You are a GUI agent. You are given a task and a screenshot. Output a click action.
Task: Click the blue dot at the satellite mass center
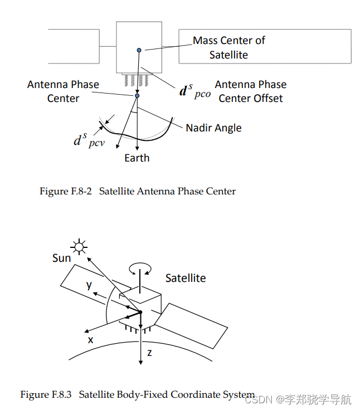pyautogui.click(x=139, y=50)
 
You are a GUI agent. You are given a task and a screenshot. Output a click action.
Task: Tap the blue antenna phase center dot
pyautogui.click(x=137, y=96)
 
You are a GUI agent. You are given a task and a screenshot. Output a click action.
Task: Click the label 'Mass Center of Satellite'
pyautogui.click(x=229, y=47)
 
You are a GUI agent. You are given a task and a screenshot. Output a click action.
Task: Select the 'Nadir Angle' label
pyautogui.click(x=213, y=128)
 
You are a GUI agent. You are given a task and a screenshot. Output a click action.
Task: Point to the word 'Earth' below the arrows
pyautogui.click(x=137, y=158)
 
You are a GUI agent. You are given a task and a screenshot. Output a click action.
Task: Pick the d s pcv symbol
pyautogui.click(x=89, y=140)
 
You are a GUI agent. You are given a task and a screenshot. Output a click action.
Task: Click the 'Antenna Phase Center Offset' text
pyautogui.click(x=251, y=91)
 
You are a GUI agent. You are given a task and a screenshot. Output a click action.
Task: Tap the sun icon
pyautogui.click(x=79, y=247)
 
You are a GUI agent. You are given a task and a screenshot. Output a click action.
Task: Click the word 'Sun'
pyautogui.click(x=61, y=258)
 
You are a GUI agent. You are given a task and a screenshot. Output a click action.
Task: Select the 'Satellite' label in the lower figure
pyautogui.click(x=186, y=278)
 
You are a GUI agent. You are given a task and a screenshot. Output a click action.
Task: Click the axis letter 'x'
pyautogui.click(x=90, y=340)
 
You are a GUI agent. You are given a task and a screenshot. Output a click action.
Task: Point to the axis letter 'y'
pyautogui.click(x=89, y=285)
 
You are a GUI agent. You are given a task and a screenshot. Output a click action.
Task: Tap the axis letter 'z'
pyautogui.click(x=149, y=353)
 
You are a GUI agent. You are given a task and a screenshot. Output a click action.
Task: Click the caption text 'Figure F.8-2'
pyautogui.click(x=65, y=191)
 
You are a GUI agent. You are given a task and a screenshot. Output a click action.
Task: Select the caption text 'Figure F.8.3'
pyautogui.click(x=46, y=394)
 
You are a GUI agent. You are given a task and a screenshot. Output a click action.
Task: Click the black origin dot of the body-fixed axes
pyautogui.click(x=140, y=312)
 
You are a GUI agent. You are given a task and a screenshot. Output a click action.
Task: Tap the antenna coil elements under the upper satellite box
pyautogui.click(x=136, y=80)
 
